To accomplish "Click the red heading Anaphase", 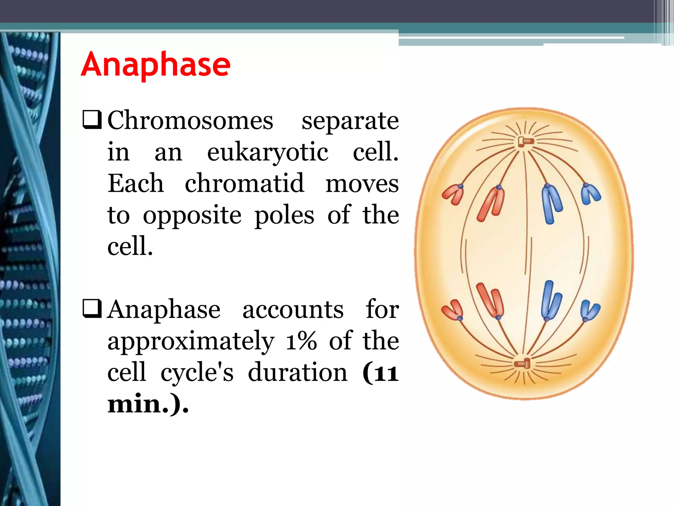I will (155, 65).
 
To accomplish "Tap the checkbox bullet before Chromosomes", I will (92, 120).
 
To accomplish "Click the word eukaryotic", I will (268, 153).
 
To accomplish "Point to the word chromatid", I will (244, 183).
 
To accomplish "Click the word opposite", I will (192, 215).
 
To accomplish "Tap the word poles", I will (284, 215).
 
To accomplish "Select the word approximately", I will (191, 341).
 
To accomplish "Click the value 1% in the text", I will (301, 341).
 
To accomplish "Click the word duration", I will (298, 372).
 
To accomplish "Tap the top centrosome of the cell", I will (526, 142).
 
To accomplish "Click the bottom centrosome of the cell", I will (523, 364).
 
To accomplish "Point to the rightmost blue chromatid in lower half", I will (590, 310).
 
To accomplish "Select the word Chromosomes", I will (190, 121).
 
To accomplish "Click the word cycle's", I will (197, 372).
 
